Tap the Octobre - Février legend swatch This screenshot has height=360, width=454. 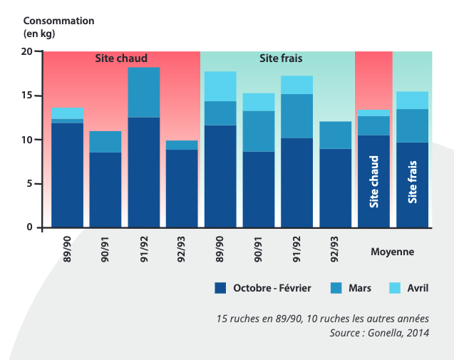point(220,288)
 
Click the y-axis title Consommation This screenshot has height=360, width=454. point(58,21)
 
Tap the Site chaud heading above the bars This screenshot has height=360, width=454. point(121,58)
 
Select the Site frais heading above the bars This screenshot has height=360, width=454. point(280,58)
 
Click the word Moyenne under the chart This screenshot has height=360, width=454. point(392,252)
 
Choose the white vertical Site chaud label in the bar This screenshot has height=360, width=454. point(373,182)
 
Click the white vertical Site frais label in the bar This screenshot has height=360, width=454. point(412,181)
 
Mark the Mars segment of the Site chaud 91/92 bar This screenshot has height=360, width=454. point(143,92)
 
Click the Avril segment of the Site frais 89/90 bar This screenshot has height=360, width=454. point(220,86)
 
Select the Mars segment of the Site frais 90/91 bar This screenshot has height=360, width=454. point(258,131)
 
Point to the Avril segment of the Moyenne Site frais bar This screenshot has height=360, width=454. point(412,100)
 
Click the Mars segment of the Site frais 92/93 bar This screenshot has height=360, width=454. point(335,135)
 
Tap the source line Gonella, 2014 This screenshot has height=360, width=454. point(379,333)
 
